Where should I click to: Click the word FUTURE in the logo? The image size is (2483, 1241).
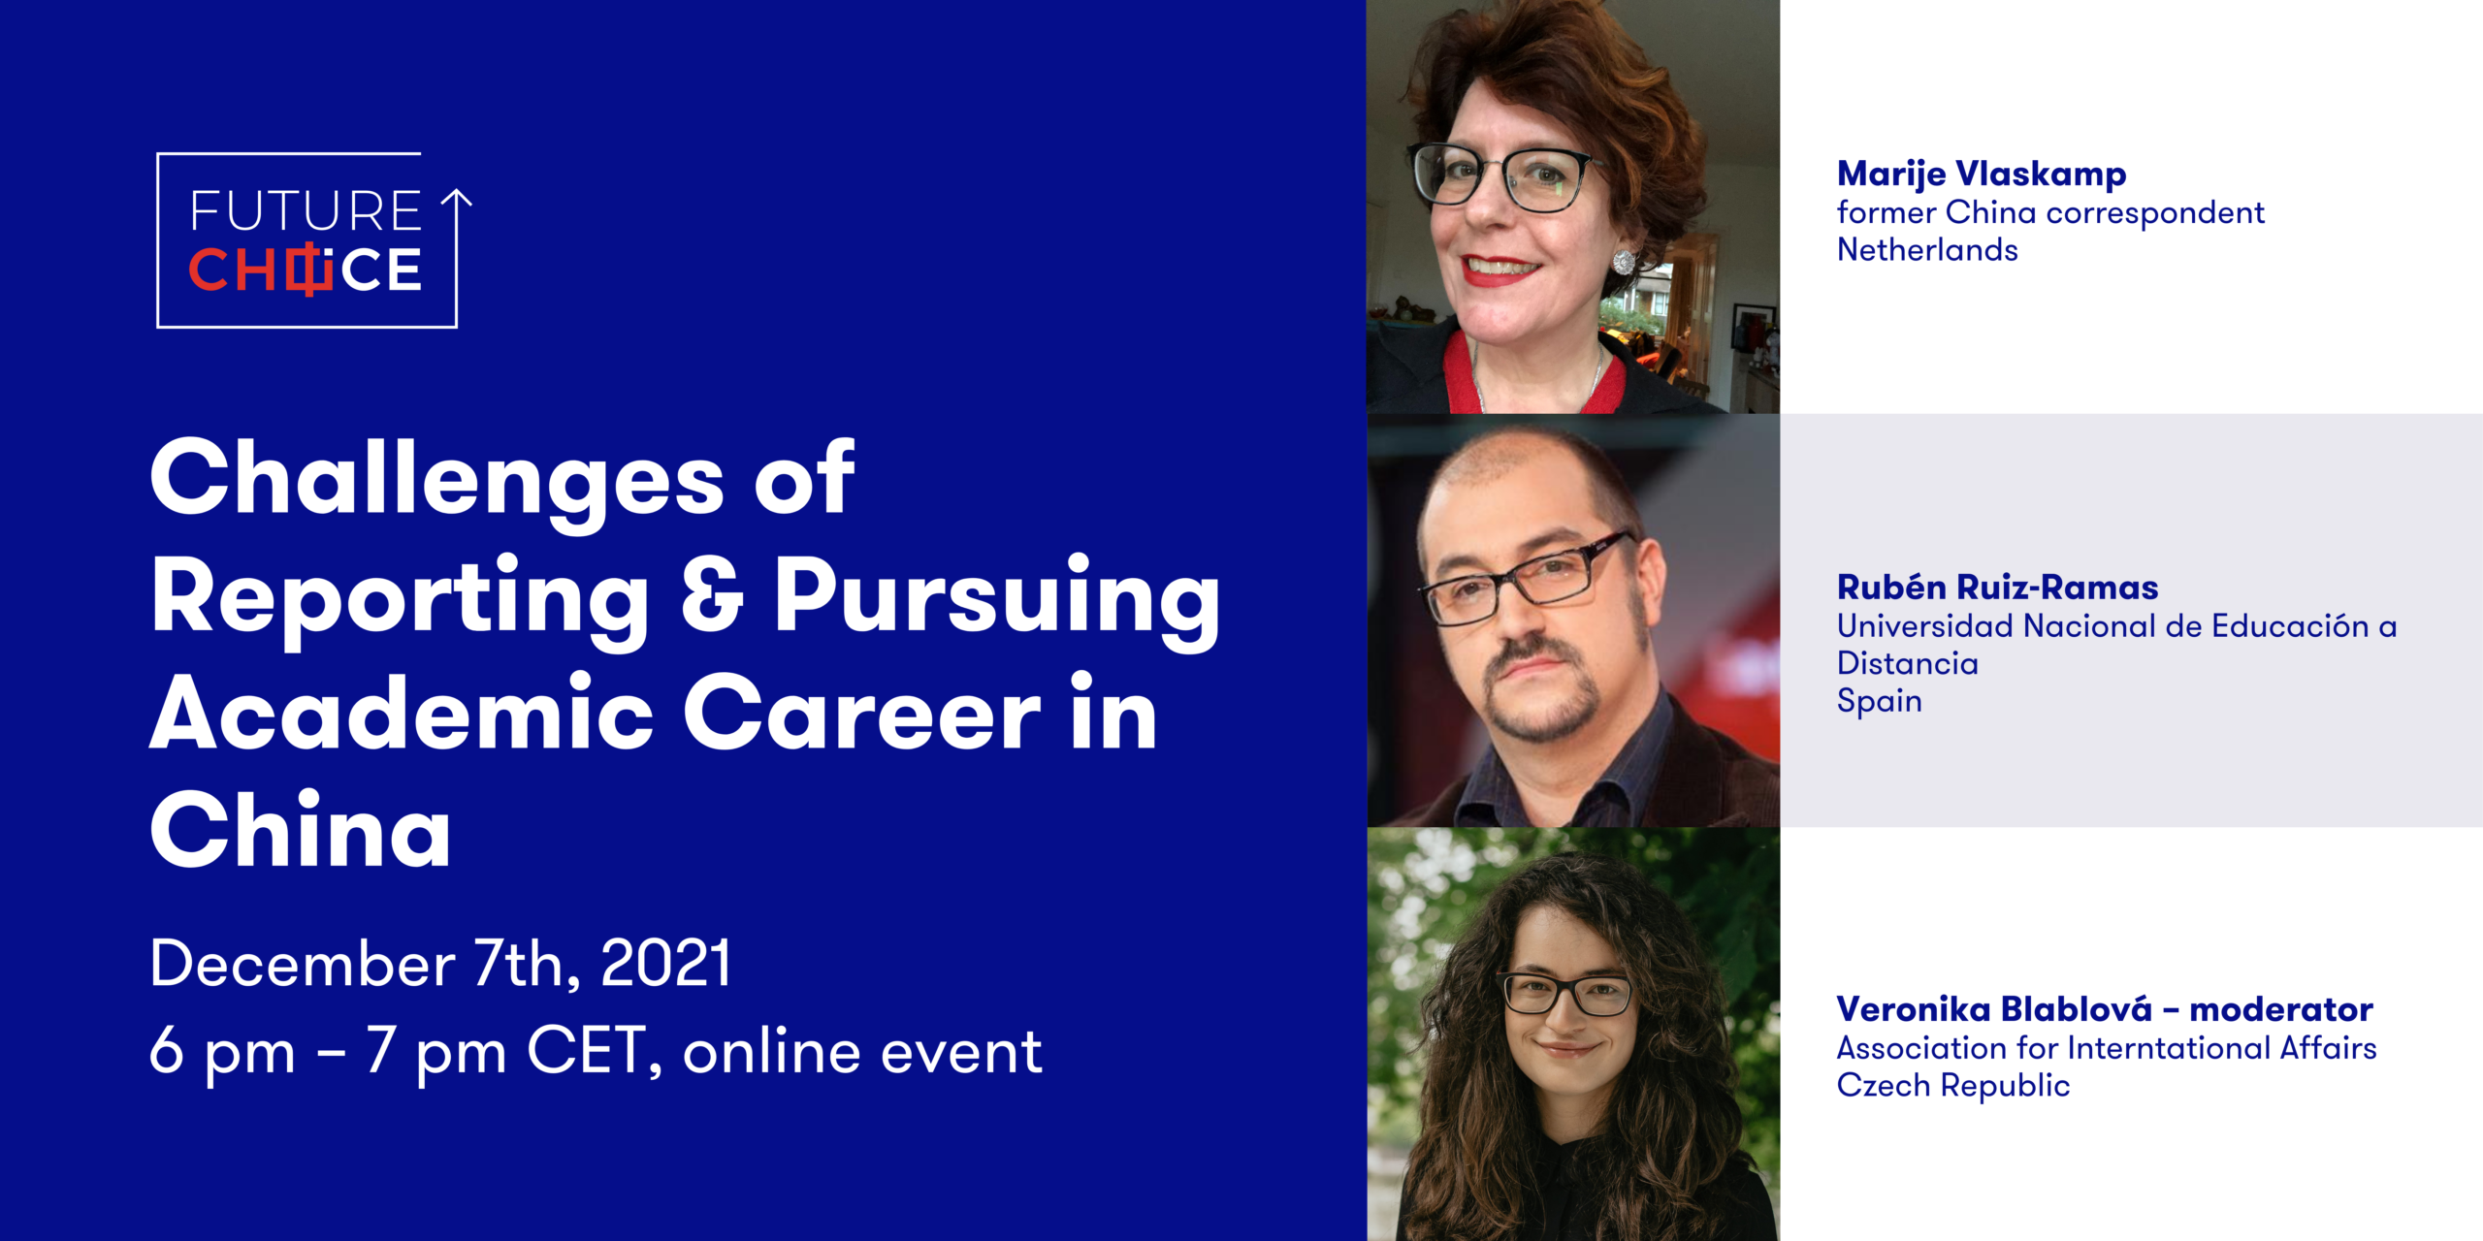click(306, 210)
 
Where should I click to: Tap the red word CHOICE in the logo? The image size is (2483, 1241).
click(305, 270)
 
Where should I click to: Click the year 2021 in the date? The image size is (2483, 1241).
click(665, 964)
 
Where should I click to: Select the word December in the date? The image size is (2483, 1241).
click(303, 964)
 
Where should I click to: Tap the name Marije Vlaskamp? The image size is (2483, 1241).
click(1982, 175)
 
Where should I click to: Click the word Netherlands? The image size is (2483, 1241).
click(1927, 250)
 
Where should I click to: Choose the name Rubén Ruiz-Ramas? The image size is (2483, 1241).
click(1997, 588)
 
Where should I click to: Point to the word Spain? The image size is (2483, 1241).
click(1879, 701)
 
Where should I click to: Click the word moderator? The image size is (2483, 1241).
click(2281, 1010)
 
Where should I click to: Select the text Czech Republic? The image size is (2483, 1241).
click(1953, 1086)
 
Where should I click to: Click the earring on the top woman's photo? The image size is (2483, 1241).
click(1623, 262)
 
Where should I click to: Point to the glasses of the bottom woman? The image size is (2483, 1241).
click(1565, 993)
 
